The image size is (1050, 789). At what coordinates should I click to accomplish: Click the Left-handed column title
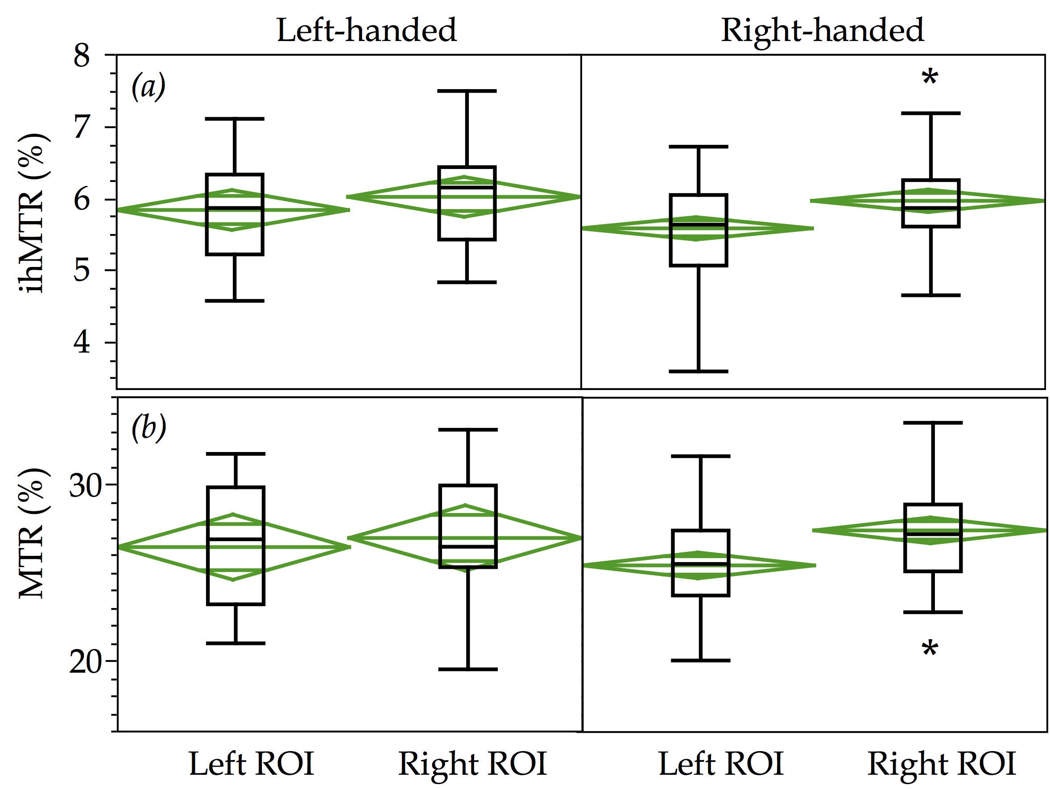367,30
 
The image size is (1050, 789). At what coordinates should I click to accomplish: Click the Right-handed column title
822,30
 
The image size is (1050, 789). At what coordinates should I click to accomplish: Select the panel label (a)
149,86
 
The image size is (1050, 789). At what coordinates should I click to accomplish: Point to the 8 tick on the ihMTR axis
82,56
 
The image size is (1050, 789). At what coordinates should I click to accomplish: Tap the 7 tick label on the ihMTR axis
82,127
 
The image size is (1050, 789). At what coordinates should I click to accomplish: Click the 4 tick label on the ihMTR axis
82,342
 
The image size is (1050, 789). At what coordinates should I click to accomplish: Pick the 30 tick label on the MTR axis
86,485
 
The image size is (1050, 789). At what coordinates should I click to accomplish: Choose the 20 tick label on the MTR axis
86,662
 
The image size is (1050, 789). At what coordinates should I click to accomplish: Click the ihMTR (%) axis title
32,214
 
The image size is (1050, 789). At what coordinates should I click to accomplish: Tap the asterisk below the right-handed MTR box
930,649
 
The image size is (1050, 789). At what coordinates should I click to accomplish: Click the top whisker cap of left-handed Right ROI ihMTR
467,90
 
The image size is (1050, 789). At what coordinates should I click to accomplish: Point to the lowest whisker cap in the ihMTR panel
698,371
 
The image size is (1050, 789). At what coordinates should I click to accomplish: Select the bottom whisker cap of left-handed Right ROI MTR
468,670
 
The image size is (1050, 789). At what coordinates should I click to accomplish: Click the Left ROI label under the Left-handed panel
252,764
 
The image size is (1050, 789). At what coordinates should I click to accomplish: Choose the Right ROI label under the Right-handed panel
942,764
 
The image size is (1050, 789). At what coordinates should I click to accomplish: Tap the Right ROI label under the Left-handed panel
473,764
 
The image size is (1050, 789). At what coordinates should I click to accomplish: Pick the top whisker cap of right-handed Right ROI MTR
933,422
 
